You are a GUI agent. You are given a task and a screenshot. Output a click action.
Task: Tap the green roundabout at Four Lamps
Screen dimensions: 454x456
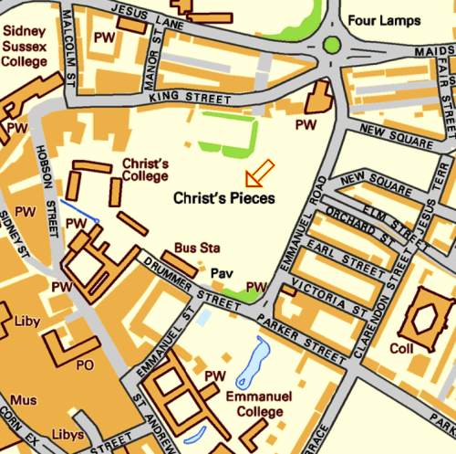pos(331,44)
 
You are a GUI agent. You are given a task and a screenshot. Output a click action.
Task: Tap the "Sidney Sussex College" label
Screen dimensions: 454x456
pos(25,46)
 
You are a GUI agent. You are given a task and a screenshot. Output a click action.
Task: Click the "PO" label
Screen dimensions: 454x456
pos(87,364)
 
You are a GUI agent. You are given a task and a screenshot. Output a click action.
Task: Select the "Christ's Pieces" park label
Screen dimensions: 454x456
pos(223,197)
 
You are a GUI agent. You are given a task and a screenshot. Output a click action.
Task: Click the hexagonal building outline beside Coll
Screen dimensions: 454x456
pos(426,319)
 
